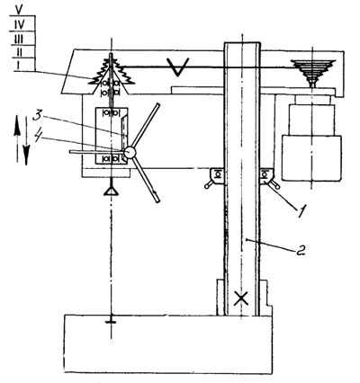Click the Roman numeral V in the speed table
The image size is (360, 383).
(20, 9)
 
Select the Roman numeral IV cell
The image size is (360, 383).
(20, 24)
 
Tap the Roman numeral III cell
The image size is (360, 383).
(19, 39)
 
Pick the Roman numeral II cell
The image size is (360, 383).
(19, 52)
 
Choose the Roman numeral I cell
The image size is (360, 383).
(18, 65)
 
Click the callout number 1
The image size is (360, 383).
(302, 211)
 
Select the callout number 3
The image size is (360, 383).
(38, 116)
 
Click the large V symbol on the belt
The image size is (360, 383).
(178, 67)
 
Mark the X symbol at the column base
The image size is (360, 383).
(241, 298)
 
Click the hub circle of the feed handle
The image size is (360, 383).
(130, 152)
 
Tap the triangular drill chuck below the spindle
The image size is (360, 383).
(112, 191)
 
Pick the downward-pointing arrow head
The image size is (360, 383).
(26, 155)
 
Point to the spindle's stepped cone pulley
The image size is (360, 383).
(112, 73)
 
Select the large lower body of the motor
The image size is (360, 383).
(311, 158)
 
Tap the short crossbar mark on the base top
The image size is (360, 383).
(112, 322)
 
